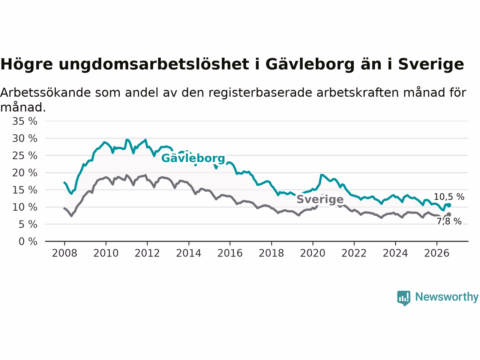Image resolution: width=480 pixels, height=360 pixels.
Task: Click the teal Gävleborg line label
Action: tap(193, 158)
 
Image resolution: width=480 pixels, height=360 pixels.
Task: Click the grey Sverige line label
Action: tap(320, 199)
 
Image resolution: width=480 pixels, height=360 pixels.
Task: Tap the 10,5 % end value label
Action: tap(449, 197)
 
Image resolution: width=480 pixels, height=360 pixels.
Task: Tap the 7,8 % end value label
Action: tap(449, 221)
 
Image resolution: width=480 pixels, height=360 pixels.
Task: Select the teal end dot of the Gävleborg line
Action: tap(449, 205)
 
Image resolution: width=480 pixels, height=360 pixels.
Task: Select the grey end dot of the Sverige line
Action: tap(449, 214)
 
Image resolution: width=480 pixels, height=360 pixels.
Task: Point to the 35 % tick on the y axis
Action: tap(25, 121)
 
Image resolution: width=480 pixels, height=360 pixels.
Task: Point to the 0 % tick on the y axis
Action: tap(28, 241)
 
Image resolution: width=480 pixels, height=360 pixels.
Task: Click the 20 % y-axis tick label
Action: tap(25, 173)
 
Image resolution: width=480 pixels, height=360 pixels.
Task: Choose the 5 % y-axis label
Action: tap(28, 225)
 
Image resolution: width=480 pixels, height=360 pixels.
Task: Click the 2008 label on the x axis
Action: tap(64, 253)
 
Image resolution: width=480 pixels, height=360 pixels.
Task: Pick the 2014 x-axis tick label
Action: tap(189, 253)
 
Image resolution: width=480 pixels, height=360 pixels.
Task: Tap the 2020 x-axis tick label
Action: tap(313, 253)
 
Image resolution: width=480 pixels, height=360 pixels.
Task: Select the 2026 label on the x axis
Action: tap(437, 253)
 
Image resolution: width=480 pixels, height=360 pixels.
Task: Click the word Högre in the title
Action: tap(27, 64)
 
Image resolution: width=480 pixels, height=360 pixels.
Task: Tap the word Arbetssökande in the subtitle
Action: tap(45, 92)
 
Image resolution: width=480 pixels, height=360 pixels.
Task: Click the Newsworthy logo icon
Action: tap(403, 298)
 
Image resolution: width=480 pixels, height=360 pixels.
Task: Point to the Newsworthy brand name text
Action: tap(447, 297)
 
